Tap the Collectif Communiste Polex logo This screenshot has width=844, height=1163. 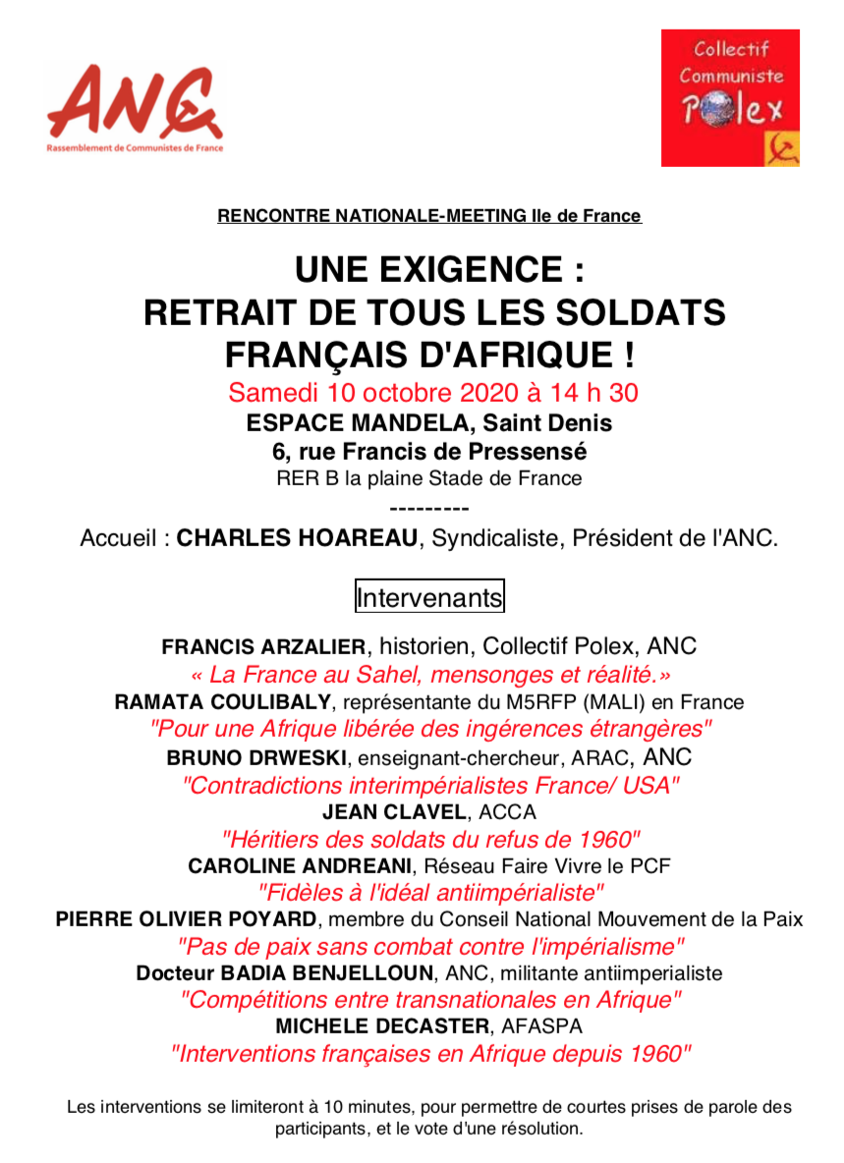click(x=730, y=98)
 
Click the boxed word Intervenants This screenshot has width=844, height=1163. click(x=429, y=596)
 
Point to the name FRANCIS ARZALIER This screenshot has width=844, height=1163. click(x=264, y=646)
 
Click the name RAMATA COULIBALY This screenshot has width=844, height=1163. click(x=223, y=702)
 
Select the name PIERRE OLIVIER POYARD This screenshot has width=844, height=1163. click(x=187, y=919)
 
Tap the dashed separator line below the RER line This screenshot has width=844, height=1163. click(x=429, y=509)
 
